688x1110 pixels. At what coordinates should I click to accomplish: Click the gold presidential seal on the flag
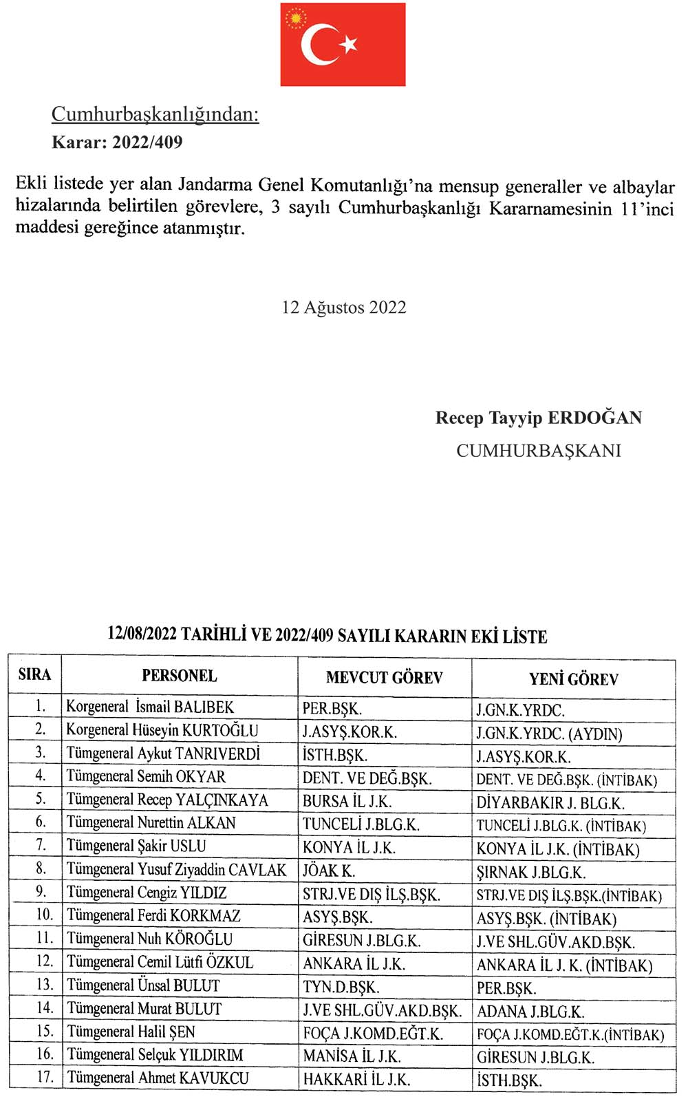pyautogui.click(x=297, y=17)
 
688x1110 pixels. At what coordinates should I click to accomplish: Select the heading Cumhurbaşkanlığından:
pyautogui.click(x=155, y=114)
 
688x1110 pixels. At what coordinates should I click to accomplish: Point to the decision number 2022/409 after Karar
pyautogui.click(x=147, y=142)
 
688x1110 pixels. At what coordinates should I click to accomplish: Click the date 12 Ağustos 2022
pyautogui.click(x=344, y=307)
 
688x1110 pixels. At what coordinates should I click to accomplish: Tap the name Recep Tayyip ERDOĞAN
pyautogui.click(x=539, y=418)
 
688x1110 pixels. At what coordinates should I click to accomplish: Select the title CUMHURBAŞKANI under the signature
pyautogui.click(x=539, y=451)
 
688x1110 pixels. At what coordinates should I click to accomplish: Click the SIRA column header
pyautogui.click(x=34, y=674)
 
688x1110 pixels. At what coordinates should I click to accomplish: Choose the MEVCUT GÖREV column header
pyautogui.click(x=384, y=678)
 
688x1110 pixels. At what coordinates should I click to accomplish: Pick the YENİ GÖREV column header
pyautogui.click(x=574, y=679)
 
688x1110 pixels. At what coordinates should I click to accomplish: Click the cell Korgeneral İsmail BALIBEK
pyautogui.click(x=150, y=707)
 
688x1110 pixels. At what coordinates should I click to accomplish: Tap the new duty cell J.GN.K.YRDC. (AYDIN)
pyautogui.click(x=549, y=734)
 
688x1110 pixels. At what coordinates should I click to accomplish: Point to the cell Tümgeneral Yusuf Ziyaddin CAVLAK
pyautogui.click(x=176, y=870)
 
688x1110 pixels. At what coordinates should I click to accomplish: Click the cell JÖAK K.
pyautogui.click(x=329, y=871)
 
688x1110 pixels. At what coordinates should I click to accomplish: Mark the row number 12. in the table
pyautogui.click(x=44, y=961)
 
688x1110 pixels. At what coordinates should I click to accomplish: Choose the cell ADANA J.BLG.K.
pyautogui.click(x=530, y=1012)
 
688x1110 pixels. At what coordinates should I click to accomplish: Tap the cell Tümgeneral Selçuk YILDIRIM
pyautogui.click(x=155, y=1055)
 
